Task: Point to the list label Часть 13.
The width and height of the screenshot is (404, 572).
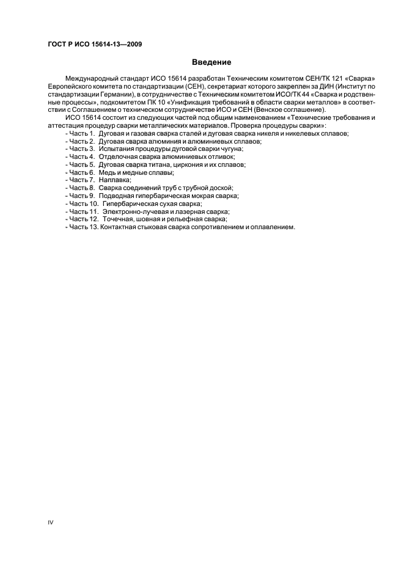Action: pyautogui.click(x=83, y=228)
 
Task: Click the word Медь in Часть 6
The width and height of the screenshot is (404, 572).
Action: pyautogui.click(x=108, y=172)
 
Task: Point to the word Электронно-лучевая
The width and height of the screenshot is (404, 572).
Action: pyautogui.click(x=133, y=212)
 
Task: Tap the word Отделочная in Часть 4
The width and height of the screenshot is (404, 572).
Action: pyautogui.click(x=119, y=156)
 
